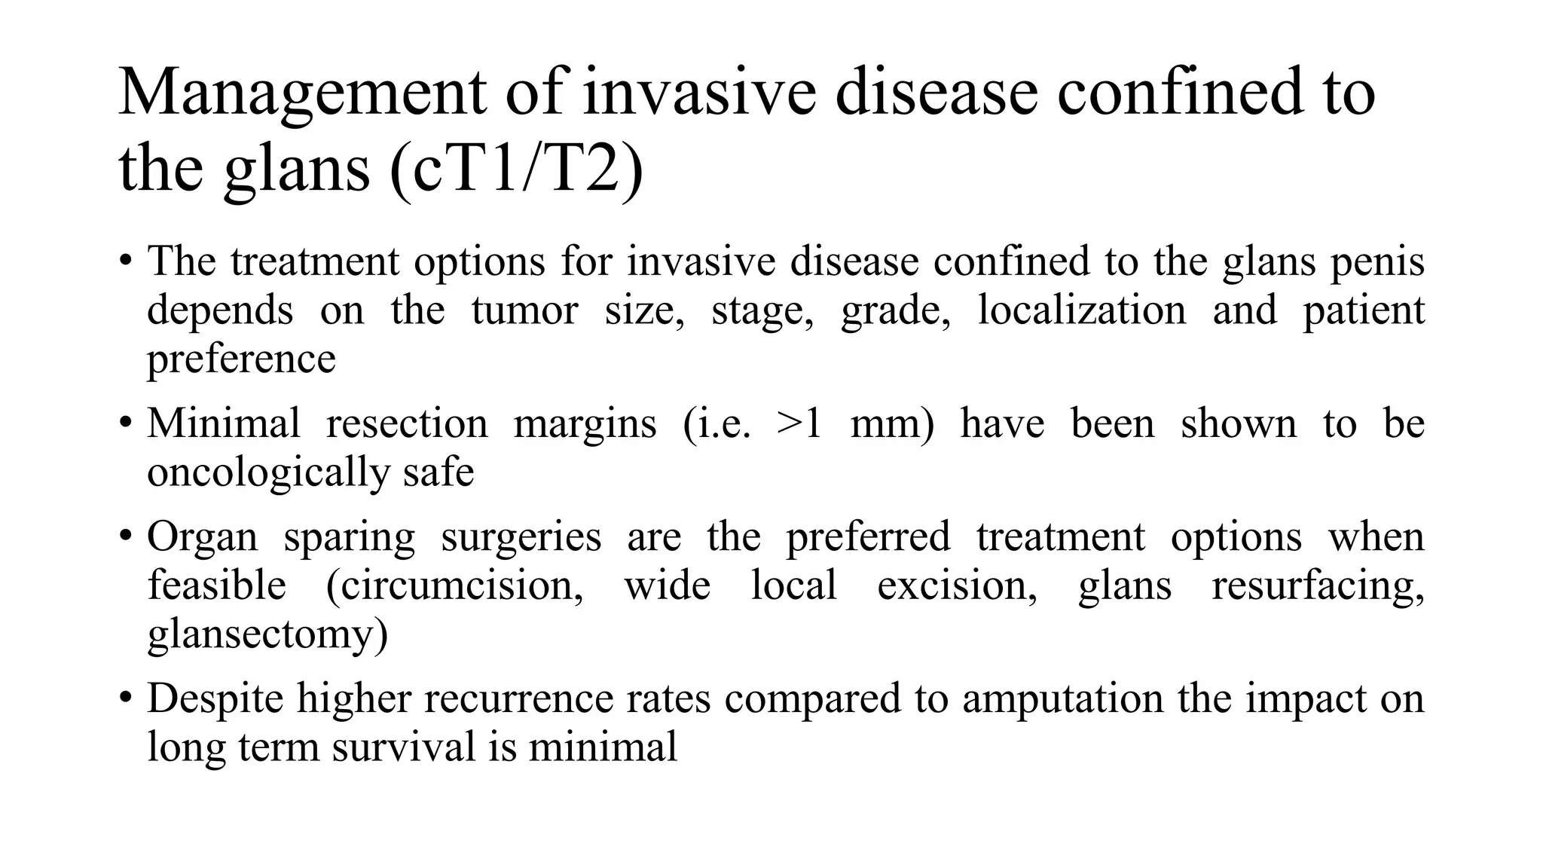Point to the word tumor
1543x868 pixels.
coord(524,310)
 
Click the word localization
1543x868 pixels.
coord(1081,310)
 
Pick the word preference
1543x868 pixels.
coord(241,359)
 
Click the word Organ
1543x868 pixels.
coord(202,537)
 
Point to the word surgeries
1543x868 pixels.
coord(521,537)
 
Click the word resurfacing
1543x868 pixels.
coord(1318,585)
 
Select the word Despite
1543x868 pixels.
coord(215,698)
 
